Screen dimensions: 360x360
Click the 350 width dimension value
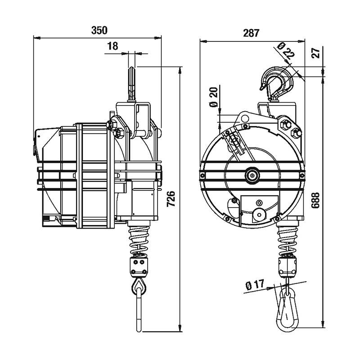pos(99,31)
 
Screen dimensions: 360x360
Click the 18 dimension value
pos(113,45)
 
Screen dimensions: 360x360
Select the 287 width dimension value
pos(252,33)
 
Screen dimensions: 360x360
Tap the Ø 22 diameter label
pos(286,52)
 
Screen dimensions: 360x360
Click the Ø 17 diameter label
pos(255,285)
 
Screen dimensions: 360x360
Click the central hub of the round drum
pos(252,175)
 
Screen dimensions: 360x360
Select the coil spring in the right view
pos(287,239)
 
